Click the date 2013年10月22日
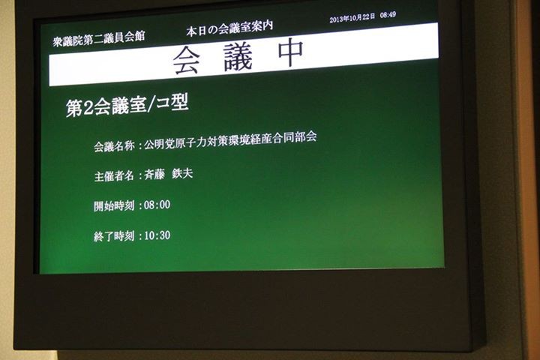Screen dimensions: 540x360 (352, 18)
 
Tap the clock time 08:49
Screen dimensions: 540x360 (388, 15)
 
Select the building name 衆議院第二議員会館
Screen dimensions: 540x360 (99, 38)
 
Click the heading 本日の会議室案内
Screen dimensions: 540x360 (229, 28)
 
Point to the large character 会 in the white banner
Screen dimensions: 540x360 (186, 61)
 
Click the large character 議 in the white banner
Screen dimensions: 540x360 (238, 57)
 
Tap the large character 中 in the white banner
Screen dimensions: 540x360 (291, 52)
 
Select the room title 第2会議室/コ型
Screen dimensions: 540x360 (127, 105)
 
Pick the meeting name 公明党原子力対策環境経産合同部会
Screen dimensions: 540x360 (230, 139)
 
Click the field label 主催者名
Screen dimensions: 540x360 (114, 176)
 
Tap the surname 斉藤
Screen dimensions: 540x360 (154, 175)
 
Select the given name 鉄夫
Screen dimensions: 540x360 (182, 173)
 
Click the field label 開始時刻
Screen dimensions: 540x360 (114, 206)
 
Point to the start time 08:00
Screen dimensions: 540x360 (157, 205)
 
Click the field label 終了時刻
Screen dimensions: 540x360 (114, 236)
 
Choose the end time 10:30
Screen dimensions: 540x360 (157, 235)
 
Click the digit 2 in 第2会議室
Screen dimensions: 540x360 (88, 108)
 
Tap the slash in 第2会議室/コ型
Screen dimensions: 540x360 (151, 105)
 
